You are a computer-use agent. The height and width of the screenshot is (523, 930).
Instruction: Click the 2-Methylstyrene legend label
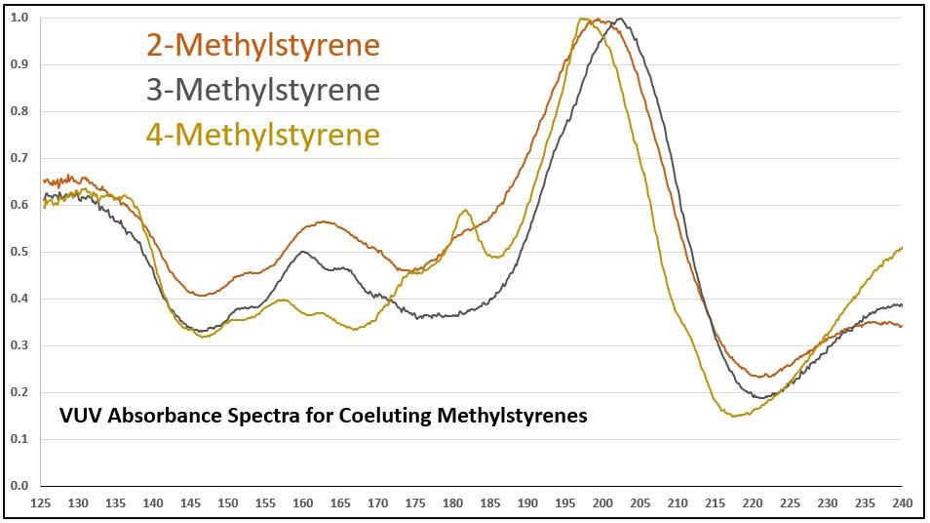click(x=262, y=45)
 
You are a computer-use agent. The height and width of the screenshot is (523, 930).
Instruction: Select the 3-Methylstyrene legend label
click(x=262, y=90)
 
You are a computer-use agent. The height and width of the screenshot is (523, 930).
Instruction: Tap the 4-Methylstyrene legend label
click(x=262, y=134)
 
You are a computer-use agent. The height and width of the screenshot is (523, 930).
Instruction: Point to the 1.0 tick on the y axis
click(x=19, y=18)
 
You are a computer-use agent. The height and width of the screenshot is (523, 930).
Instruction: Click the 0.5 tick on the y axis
click(x=19, y=252)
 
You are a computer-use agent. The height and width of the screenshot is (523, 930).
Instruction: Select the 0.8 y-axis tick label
click(x=19, y=111)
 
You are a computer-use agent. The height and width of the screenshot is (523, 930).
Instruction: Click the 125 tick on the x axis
click(x=42, y=503)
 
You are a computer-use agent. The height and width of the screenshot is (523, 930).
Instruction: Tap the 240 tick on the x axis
click(x=903, y=503)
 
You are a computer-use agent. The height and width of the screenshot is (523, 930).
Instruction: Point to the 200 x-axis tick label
click(x=603, y=503)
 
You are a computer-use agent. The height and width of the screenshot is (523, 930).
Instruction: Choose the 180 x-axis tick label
click(x=453, y=503)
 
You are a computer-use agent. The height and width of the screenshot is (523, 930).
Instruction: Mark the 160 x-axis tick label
click(x=303, y=503)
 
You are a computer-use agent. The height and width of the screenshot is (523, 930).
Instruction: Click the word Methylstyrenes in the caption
click(x=514, y=416)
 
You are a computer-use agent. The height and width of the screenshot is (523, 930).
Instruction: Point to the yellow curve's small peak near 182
click(x=466, y=210)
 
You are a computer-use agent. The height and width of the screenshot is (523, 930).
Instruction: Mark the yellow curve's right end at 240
click(x=903, y=248)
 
